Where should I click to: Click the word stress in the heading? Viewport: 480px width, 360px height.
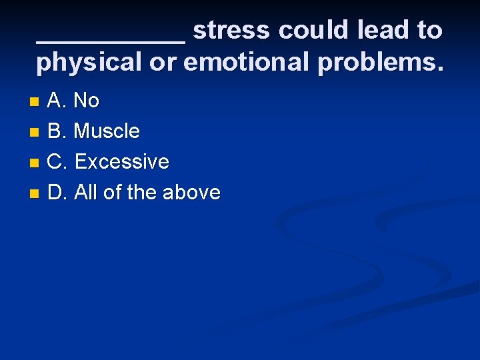[231, 30]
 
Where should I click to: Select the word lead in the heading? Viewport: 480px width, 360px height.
[382, 30]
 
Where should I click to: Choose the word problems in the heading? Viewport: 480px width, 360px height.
[380, 63]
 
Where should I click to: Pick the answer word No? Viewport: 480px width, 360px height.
[87, 101]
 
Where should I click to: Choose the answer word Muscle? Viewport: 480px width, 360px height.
[107, 131]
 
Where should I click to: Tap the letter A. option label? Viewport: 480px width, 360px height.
[57, 101]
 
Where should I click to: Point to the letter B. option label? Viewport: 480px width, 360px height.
[57, 131]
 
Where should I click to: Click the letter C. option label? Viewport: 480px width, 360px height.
[57, 162]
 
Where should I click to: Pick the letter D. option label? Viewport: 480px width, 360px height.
[57, 193]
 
